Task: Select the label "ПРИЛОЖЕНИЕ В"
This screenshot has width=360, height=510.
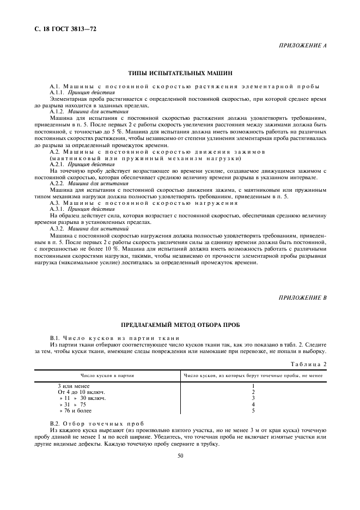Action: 303,298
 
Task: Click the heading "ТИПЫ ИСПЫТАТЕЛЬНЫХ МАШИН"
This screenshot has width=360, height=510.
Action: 180,72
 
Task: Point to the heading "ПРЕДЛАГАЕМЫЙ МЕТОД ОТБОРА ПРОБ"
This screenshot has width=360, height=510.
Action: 180,325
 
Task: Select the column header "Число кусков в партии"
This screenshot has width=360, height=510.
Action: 108,376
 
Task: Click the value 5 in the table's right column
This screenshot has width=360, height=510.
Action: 253,410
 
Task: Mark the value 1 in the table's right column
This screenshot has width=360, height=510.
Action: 253,386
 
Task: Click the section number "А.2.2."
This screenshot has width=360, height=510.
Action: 57,184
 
